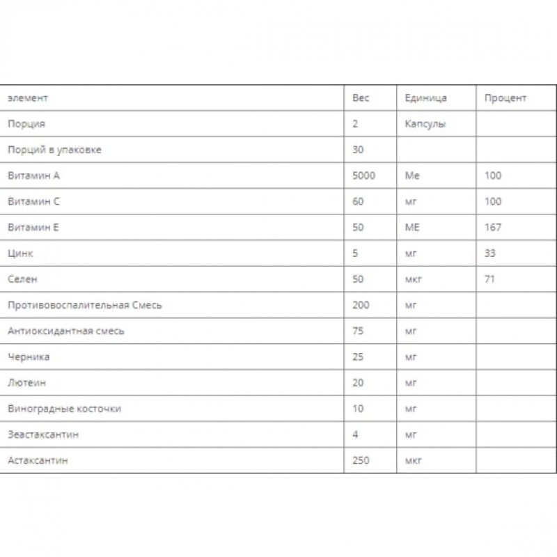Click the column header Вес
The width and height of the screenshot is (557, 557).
(x=361, y=98)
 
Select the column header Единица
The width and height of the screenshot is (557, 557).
(x=425, y=98)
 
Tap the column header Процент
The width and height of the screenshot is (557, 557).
(x=505, y=98)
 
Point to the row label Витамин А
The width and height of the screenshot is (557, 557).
(x=33, y=175)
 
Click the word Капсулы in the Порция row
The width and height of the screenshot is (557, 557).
(x=425, y=124)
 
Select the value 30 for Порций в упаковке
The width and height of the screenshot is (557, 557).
(x=359, y=150)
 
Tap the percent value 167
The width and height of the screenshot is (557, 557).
(x=493, y=228)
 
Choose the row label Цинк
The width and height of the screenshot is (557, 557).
(x=20, y=253)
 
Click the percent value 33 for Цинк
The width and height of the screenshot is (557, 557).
(x=490, y=253)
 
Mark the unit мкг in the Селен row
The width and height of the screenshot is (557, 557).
(x=414, y=279)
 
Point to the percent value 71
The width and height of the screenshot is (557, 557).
(x=490, y=279)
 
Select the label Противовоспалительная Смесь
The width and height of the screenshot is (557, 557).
(x=84, y=305)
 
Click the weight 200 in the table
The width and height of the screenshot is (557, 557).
(x=361, y=305)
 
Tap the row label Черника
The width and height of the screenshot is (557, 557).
(x=29, y=357)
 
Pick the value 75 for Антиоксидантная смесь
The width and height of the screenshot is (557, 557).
(x=359, y=331)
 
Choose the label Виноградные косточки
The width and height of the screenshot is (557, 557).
(x=64, y=409)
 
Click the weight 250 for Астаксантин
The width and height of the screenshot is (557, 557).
(x=361, y=460)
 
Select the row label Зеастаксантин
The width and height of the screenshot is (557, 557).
(x=43, y=434)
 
